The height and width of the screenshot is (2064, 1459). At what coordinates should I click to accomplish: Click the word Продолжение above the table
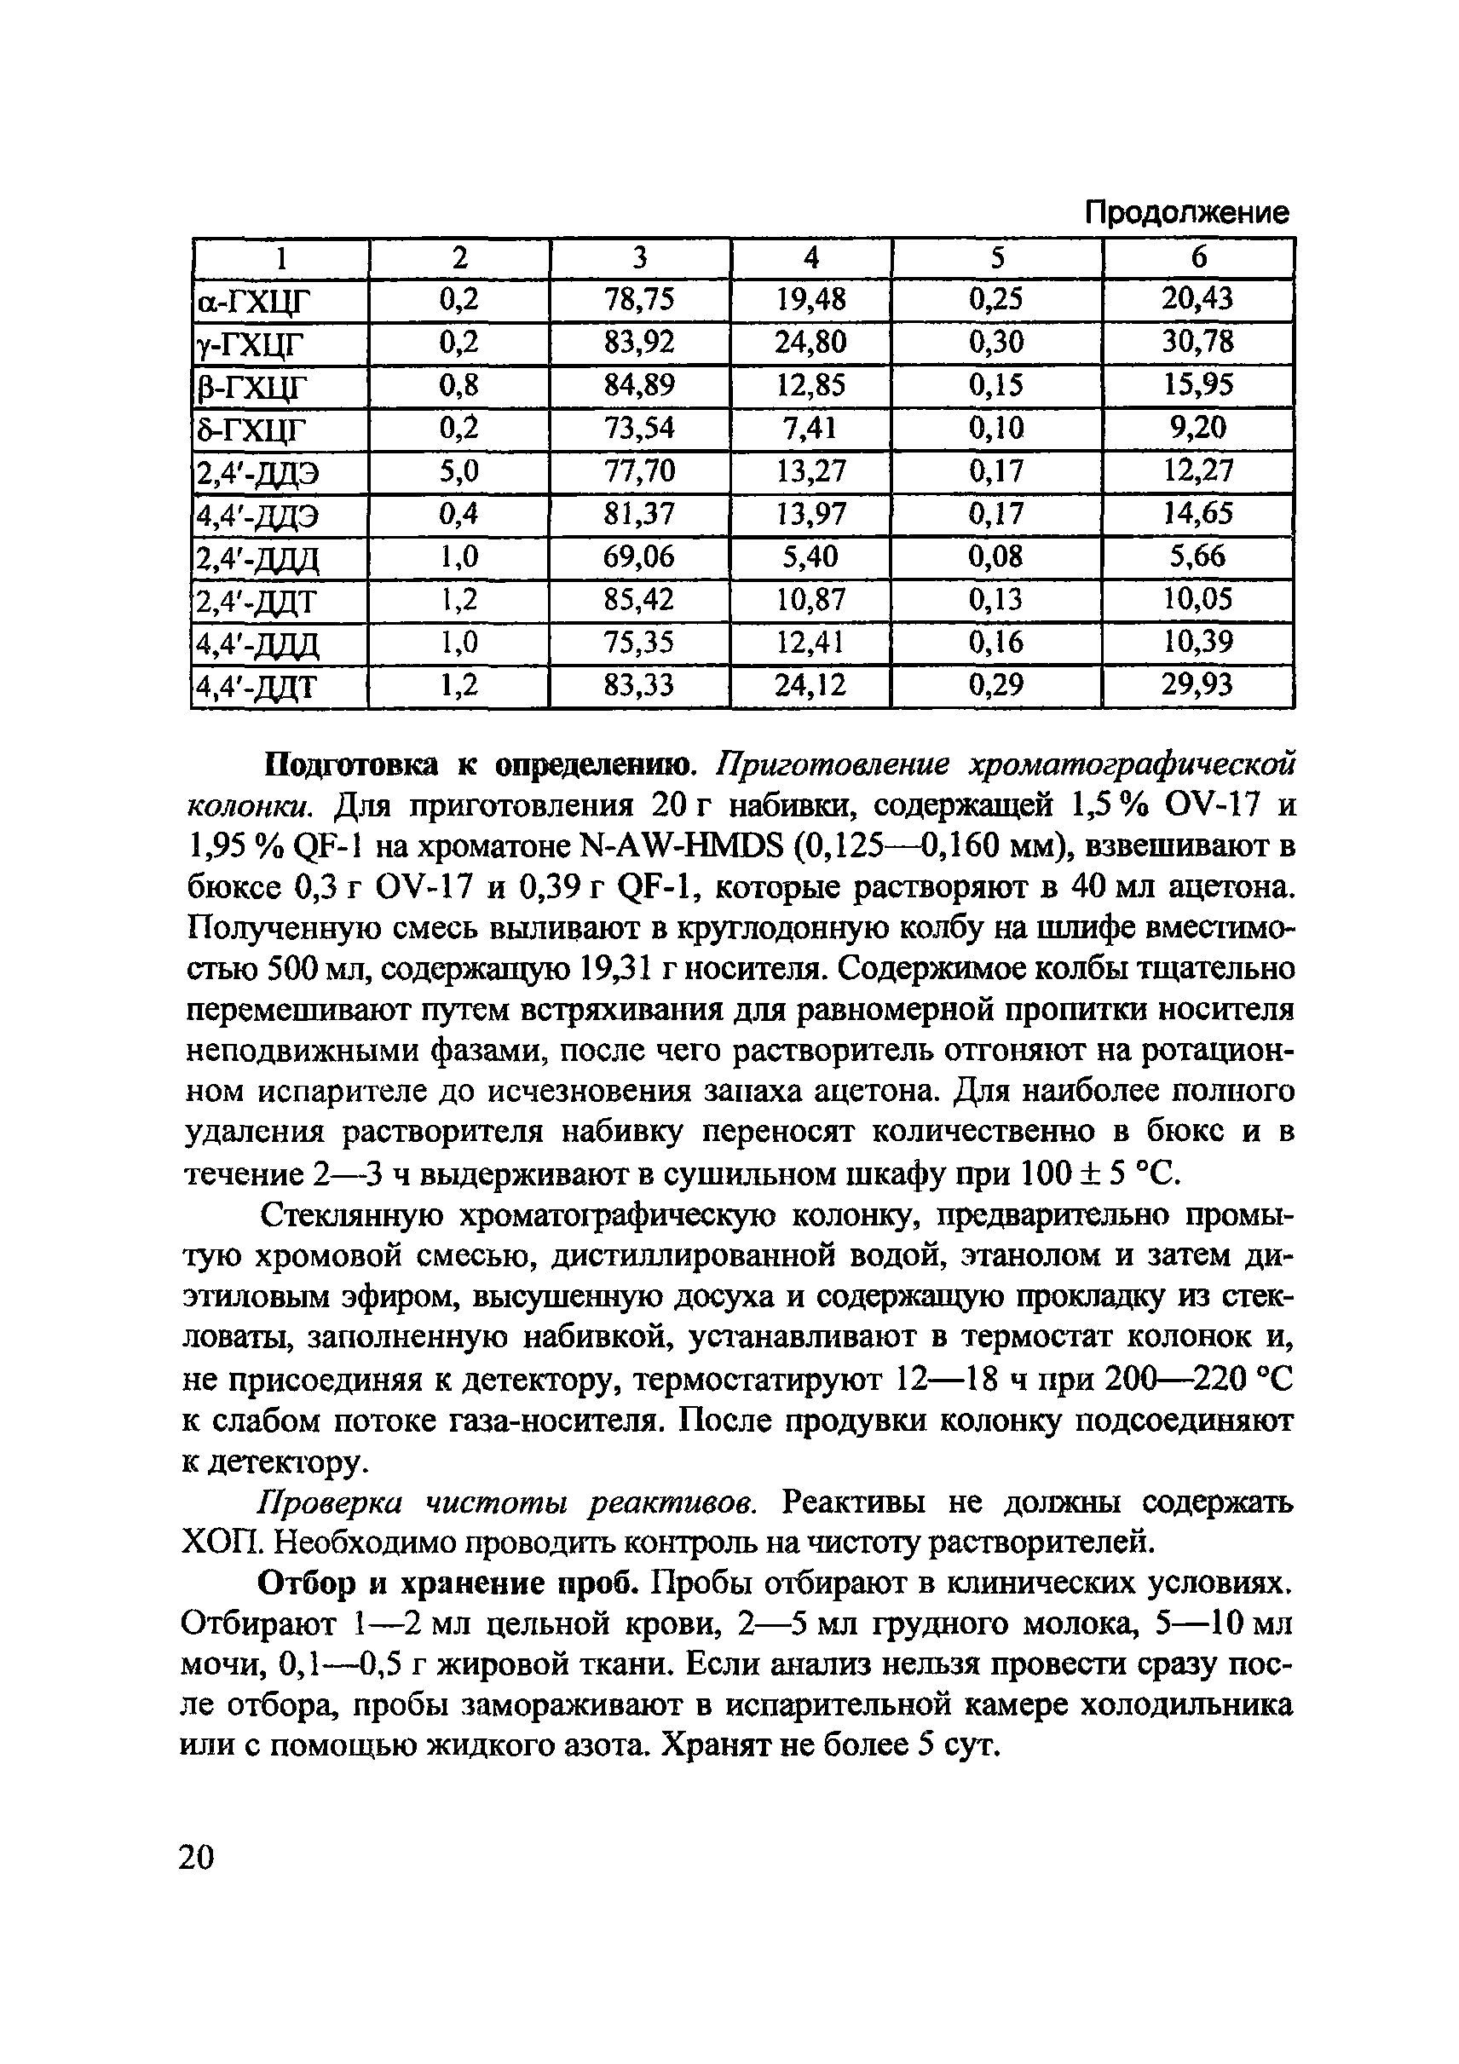point(1185,213)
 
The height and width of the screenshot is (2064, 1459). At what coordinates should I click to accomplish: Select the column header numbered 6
point(1198,258)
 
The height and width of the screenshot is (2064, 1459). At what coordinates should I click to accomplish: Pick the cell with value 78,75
point(639,299)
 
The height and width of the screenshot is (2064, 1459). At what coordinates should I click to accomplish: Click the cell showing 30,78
point(1197,342)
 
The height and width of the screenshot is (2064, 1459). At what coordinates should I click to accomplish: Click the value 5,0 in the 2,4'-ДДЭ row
point(458,470)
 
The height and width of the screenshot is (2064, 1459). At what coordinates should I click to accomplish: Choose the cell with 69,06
point(639,556)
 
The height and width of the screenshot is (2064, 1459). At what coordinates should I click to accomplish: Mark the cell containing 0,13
point(995,599)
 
